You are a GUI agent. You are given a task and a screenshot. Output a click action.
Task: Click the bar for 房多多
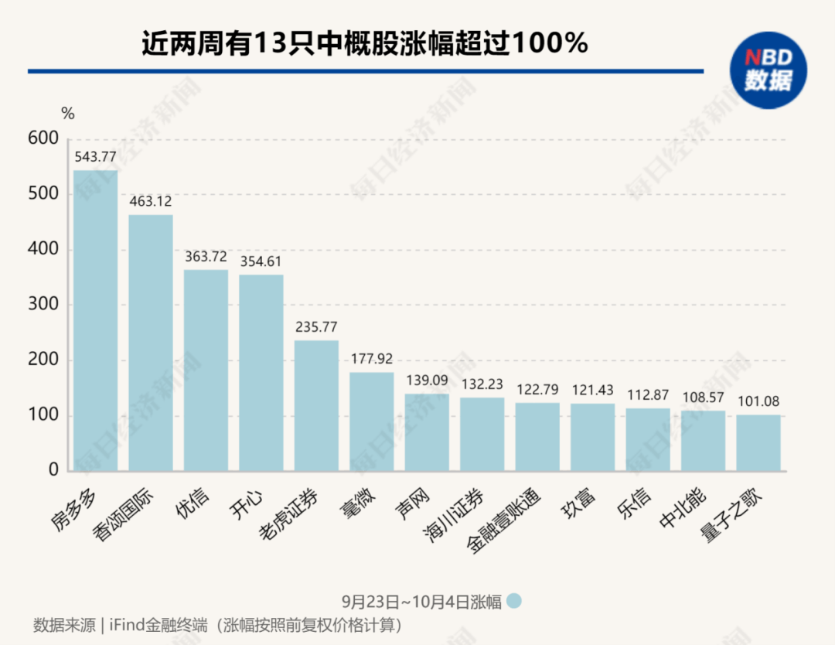click(x=95, y=320)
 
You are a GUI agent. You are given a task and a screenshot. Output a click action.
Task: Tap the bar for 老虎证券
click(x=316, y=405)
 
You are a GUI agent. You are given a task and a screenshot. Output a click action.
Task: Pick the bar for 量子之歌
click(x=758, y=443)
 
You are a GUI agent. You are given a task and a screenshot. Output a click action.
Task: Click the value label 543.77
click(x=95, y=157)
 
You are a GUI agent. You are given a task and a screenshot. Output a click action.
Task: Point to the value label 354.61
click(x=261, y=261)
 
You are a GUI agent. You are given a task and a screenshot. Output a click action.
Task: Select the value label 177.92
click(x=371, y=359)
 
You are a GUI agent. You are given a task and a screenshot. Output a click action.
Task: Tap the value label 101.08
click(x=758, y=401)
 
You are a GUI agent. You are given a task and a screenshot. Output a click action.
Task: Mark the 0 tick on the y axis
click(x=53, y=470)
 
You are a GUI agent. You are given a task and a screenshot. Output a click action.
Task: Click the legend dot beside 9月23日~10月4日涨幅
click(x=515, y=601)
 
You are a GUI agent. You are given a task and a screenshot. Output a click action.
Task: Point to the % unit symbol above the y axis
click(x=68, y=114)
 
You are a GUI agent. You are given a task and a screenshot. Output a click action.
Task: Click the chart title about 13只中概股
click(x=364, y=43)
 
